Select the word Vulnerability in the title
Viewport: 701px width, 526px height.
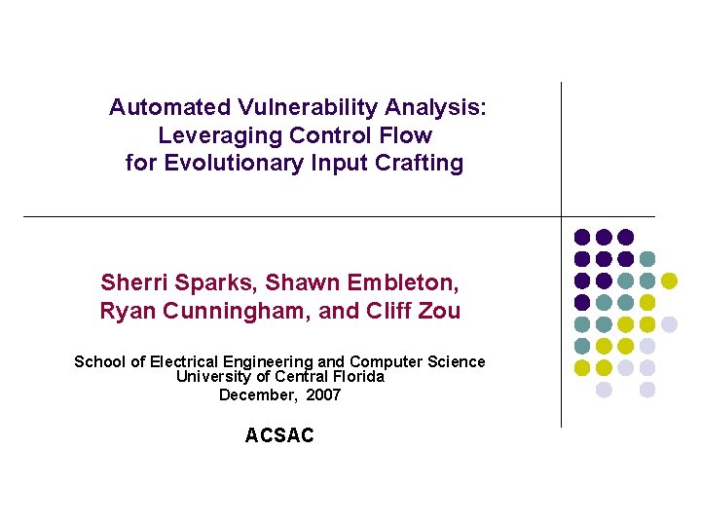pyautogui.click(x=292, y=107)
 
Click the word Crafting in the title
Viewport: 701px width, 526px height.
pyautogui.click(x=422, y=164)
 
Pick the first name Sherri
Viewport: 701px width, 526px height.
pyautogui.click(x=130, y=283)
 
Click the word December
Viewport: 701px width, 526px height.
pyautogui.click(x=256, y=395)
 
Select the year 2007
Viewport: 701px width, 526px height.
pyautogui.click(x=323, y=395)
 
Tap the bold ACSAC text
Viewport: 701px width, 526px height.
pyautogui.click(x=279, y=436)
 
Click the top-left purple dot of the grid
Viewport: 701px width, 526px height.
pyautogui.click(x=582, y=237)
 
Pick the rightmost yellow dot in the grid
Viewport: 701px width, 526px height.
pyautogui.click(x=669, y=281)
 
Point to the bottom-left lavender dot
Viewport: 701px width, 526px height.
pyautogui.click(x=604, y=390)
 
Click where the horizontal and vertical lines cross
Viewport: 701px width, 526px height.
pyautogui.click(x=562, y=216)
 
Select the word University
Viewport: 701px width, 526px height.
pyautogui.click(x=210, y=377)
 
